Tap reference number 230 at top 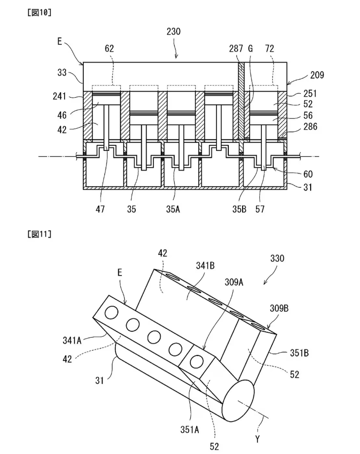174,32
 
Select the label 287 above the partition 236,49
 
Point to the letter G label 250,49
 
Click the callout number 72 270,49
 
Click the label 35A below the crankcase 173,209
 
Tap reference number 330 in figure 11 278,258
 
